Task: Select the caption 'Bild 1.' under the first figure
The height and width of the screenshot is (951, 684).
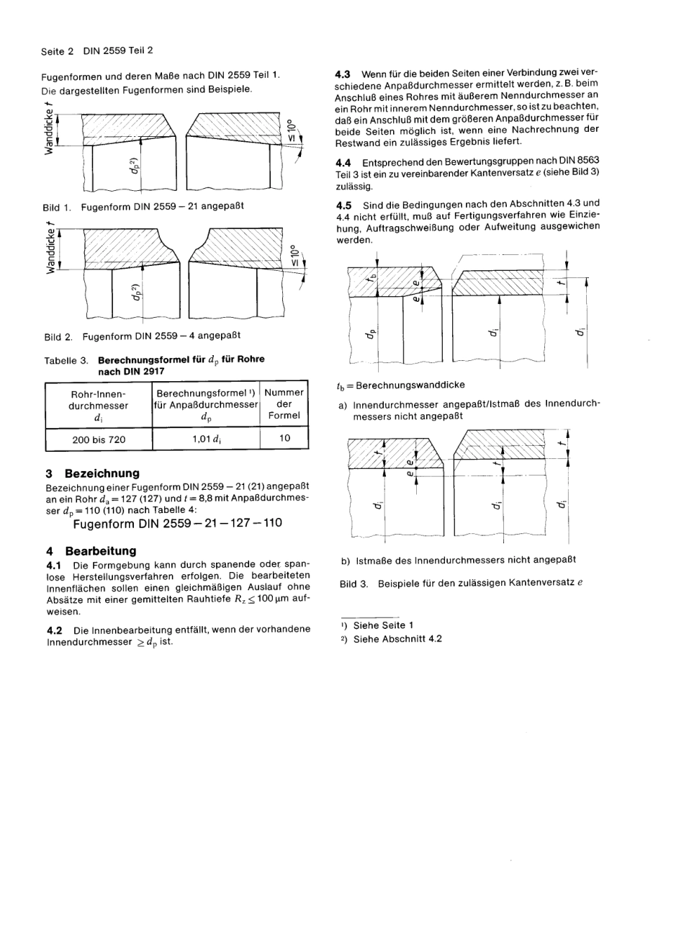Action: point(57,207)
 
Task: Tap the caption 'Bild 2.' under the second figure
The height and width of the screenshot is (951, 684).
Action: point(58,336)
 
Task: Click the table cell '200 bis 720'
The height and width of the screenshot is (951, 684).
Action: point(99,439)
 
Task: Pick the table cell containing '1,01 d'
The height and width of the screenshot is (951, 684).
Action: point(205,439)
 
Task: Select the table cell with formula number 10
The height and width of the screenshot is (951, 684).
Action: point(284,438)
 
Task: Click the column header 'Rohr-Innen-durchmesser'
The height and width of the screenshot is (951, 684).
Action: point(99,405)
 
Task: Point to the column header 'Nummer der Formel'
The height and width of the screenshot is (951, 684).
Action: point(284,404)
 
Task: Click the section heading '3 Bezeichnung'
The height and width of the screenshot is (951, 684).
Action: point(92,473)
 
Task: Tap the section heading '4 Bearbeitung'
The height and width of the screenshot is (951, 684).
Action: point(91,550)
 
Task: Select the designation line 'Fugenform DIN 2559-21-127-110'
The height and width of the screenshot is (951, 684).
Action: point(178,523)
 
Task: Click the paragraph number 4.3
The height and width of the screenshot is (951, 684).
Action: point(343,73)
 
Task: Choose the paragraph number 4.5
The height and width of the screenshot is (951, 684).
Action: point(343,204)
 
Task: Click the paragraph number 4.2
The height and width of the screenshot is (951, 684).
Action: point(55,629)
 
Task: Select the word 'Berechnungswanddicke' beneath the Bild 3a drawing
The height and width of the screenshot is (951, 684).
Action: point(410,385)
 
